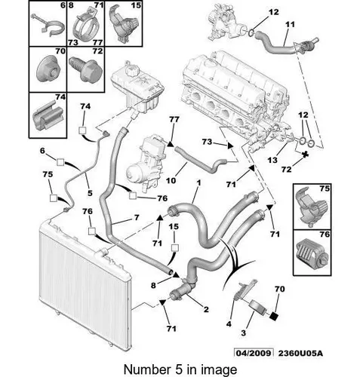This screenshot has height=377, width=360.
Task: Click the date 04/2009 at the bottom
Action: tap(254, 353)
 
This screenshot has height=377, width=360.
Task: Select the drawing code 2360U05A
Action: tap(300, 353)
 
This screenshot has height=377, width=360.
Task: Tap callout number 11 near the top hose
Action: tap(290, 24)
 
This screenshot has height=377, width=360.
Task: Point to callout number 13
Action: tap(272, 160)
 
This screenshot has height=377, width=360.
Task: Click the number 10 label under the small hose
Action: tap(171, 180)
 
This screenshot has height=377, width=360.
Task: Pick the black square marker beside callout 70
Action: tap(273, 315)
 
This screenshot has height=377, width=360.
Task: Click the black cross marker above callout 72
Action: tap(305, 155)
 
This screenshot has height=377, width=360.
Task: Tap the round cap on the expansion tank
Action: tap(132, 69)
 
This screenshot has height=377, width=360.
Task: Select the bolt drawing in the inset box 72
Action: tap(86, 70)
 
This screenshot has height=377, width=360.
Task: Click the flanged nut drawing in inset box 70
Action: tap(48, 70)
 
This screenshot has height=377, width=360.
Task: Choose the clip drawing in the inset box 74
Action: tap(48, 115)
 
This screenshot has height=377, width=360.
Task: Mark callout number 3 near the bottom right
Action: tap(243, 333)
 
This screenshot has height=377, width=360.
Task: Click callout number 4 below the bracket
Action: tap(229, 324)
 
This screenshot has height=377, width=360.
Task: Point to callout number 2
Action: tap(206, 309)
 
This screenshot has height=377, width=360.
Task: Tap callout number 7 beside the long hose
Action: tap(137, 217)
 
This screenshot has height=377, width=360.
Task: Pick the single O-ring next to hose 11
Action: tap(251, 32)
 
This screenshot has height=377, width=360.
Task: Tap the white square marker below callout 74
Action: tap(82, 130)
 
